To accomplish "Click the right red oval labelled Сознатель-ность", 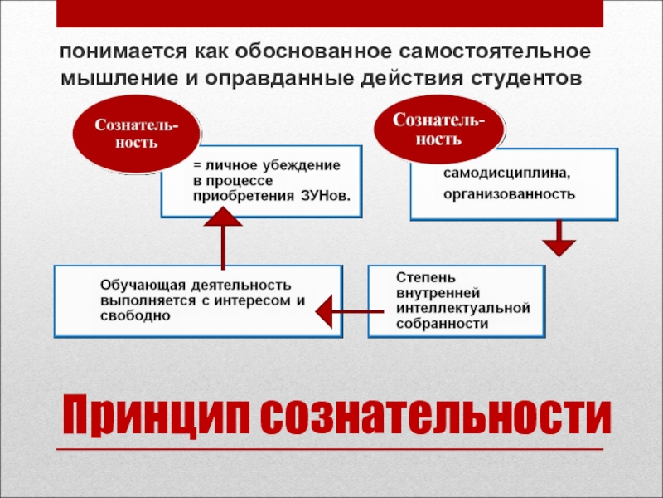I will coord(439,127).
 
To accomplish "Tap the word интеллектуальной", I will coord(462,308).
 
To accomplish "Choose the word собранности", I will coord(442,324).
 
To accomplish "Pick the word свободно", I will coord(127,316).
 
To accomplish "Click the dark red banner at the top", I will coord(331,13).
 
